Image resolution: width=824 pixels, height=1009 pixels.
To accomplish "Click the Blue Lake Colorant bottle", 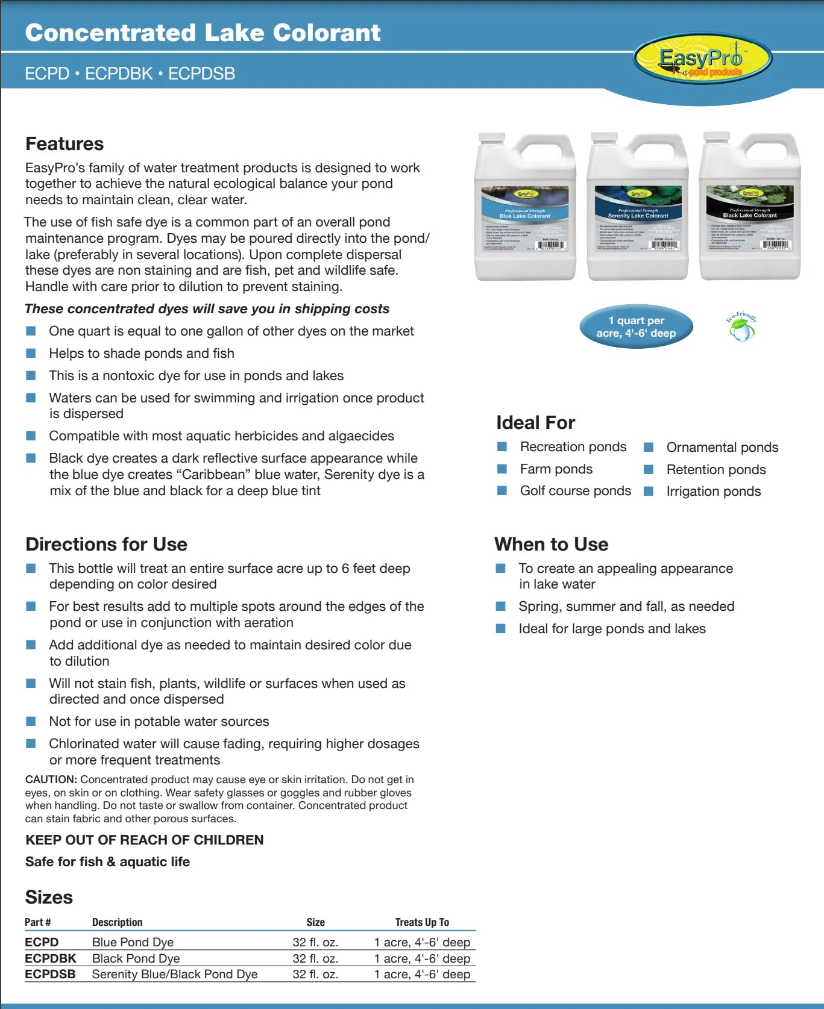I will coord(525,208).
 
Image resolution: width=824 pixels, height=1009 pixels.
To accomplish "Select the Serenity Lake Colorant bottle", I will coord(638,208).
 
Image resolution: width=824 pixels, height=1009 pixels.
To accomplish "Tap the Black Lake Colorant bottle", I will coord(750,208).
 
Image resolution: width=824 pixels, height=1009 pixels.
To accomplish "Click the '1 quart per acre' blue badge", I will coord(636,327).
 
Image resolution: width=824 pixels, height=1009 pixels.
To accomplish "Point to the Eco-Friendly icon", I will coord(741,326).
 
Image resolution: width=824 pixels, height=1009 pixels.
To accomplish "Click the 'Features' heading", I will coord(64,144).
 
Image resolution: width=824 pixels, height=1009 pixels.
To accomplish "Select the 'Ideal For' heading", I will coord(535,423).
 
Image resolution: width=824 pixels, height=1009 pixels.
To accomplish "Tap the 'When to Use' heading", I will coord(551,545).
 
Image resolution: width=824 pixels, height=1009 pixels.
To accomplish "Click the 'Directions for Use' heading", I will coord(106,545).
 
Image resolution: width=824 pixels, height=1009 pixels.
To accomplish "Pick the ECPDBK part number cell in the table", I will coord(51,958).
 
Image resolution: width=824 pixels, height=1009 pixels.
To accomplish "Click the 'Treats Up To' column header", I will coord(422,922).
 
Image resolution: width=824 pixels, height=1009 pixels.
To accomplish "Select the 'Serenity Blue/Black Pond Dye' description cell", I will coord(175,974).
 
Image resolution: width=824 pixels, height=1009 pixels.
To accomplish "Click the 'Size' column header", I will coord(315,922).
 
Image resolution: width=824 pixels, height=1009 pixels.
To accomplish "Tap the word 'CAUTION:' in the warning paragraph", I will coord(51,779).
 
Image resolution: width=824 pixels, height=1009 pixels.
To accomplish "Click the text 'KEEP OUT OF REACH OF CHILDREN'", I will coord(145,840).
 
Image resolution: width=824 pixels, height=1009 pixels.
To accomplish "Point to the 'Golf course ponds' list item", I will coord(575,491).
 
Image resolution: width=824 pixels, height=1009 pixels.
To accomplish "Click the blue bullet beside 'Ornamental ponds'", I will coord(649,448).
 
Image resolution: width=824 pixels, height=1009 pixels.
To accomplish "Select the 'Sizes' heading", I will coord(49,898).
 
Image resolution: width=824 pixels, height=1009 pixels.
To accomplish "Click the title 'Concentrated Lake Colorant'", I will coord(203,33).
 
